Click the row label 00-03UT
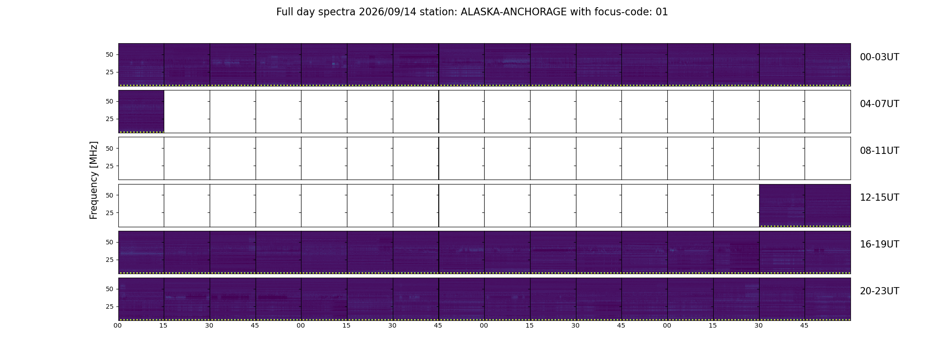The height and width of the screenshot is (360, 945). (879, 57)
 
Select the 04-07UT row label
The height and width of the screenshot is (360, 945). (879, 104)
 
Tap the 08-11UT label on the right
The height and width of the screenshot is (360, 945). (879, 151)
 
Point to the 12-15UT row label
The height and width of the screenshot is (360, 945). (879, 198)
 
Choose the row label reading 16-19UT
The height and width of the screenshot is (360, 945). (879, 244)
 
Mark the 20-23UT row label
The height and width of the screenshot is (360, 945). (879, 291)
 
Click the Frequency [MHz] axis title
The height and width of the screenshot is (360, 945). (94, 180)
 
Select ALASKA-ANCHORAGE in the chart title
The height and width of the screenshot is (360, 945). (513, 12)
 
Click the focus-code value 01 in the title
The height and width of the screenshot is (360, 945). (662, 12)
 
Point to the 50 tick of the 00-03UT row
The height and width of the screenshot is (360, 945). (109, 55)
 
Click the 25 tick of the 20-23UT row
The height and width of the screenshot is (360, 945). (109, 307)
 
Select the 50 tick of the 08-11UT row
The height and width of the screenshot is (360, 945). (109, 148)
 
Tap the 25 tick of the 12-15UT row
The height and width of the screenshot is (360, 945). (109, 213)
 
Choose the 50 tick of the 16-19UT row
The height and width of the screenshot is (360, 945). (109, 242)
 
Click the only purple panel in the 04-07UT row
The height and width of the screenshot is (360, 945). (141, 112)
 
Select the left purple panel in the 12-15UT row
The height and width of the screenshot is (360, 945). (782, 205)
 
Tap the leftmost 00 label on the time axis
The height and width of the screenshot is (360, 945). (118, 325)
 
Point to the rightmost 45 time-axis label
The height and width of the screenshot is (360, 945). (804, 325)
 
